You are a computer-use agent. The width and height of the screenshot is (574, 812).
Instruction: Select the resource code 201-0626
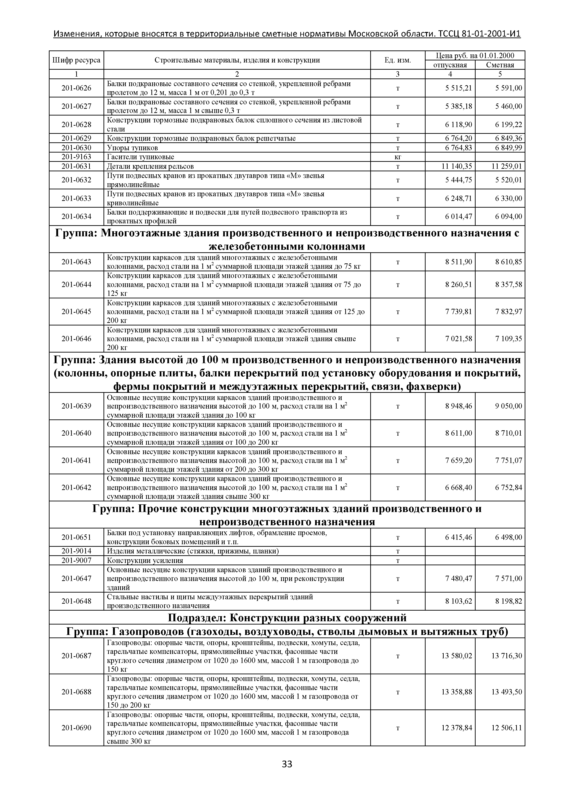click(x=76, y=88)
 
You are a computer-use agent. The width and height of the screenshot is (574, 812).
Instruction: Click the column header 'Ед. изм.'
click(x=398, y=60)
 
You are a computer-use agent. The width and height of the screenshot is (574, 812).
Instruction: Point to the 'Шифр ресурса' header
click(x=76, y=60)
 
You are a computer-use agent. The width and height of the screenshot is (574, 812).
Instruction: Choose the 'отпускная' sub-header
click(x=450, y=65)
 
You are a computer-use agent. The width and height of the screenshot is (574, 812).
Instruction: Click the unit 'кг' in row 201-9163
click(x=398, y=157)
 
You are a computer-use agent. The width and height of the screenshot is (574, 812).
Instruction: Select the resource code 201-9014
click(x=76, y=551)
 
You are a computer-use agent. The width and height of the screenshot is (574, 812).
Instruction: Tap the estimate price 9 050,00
click(x=508, y=406)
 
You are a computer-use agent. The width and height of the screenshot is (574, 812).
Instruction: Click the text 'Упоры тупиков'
click(x=132, y=148)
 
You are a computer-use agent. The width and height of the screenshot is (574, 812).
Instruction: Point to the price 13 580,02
click(x=457, y=656)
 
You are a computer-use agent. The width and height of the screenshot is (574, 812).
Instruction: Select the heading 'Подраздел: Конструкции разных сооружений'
click(x=287, y=618)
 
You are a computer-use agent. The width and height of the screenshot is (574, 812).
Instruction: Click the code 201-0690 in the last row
click(x=76, y=728)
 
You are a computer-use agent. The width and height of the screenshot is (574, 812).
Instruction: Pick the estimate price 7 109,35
click(x=508, y=339)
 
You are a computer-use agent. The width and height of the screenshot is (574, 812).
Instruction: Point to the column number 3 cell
click(x=398, y=74)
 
